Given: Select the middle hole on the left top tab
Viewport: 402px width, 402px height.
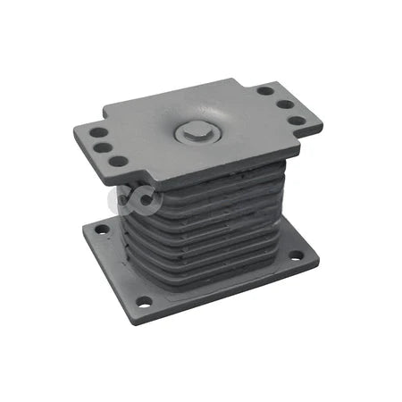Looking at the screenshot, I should pos(105,147).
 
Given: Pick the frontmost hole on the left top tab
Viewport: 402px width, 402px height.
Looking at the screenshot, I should pos(116,162).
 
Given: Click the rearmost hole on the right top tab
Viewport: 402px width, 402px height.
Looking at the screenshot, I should pos(265,90).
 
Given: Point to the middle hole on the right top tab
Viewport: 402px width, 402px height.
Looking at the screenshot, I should pos(283,105).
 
